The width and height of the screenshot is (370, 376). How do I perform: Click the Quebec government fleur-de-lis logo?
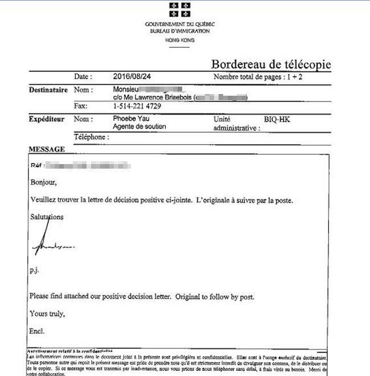point(179,10)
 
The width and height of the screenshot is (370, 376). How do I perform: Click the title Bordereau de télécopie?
point(270,64)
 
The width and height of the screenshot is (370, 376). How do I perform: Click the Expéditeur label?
point(47,119)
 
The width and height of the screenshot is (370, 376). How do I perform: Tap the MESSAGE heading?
point(47,149)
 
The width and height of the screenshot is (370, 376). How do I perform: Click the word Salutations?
point(47,216)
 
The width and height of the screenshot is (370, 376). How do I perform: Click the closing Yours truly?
point(47,313)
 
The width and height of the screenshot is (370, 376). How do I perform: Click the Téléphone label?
point(91,137)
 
